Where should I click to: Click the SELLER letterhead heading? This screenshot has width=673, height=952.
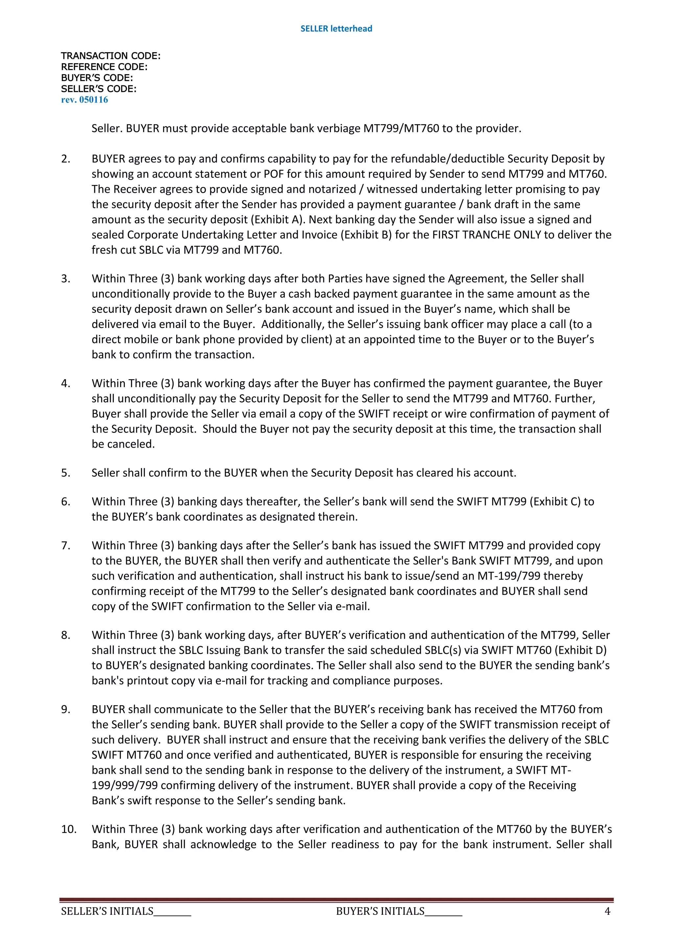click(336, 29)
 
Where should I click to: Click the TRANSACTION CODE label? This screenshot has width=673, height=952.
click(110, 56)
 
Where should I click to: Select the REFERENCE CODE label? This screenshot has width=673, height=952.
click(104, 67)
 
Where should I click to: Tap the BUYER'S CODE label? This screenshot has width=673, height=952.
click(97, 78)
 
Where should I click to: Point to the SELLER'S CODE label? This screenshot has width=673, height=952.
click(98, 89)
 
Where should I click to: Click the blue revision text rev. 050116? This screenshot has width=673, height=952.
click(84, 100)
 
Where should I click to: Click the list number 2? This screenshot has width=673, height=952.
click(65, 159)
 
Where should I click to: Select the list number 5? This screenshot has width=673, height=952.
click(65, 473)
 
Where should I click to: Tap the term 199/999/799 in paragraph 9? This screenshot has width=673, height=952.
click(125, 785)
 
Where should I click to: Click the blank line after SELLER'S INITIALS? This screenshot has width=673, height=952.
click(172, 912)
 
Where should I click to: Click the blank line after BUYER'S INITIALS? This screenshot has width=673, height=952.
click(443, 912)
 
